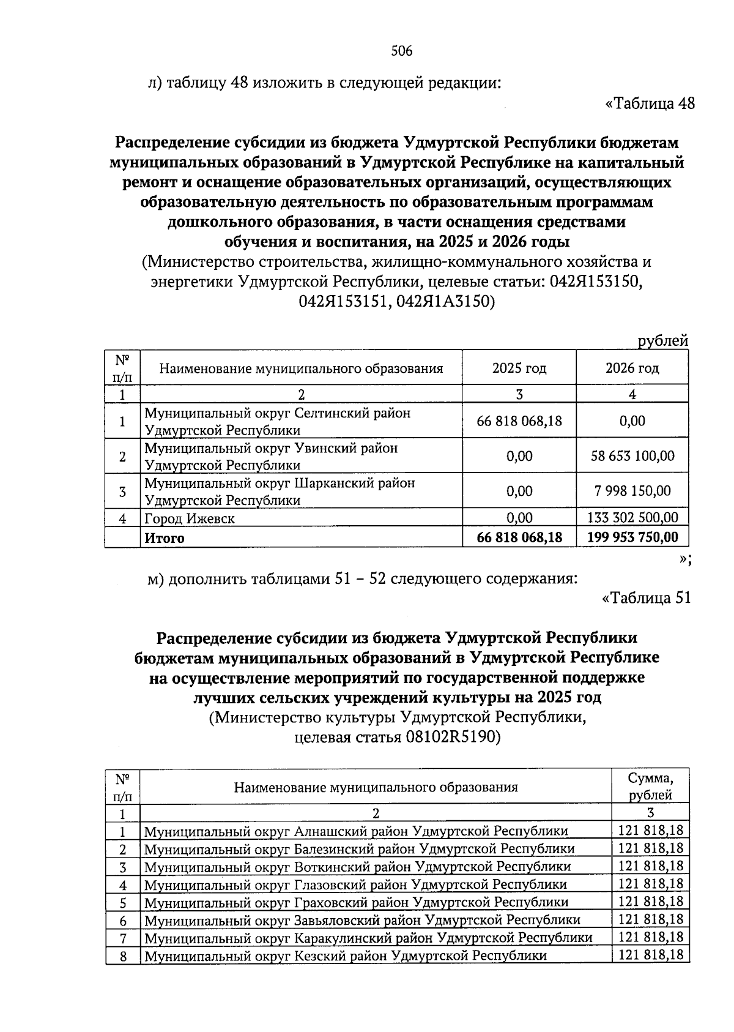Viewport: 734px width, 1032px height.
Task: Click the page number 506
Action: [x=402, y=51]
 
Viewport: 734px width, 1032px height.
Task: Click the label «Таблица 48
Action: [x=650, y=103]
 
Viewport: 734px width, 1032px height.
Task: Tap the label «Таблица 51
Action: [x=647, y=597]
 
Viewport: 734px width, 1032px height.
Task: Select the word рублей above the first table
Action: [x=663, y=341]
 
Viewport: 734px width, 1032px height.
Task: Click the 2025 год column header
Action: [x=519, y=368]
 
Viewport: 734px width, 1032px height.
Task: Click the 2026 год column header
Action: [x=632, y=368]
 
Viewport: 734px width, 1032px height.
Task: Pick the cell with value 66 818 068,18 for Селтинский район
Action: [x=519, y=421]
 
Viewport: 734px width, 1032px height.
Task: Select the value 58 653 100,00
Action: [x=632, y=456]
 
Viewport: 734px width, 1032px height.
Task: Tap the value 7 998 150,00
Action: [x=632, y=491]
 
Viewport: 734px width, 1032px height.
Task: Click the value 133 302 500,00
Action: [x=632, y=518]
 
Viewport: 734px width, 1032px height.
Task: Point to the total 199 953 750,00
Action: [x=632, y=537]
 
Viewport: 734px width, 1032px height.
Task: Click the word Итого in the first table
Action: [x=164, y=538]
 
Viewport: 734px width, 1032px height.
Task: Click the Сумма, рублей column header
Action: [x=650, y=787]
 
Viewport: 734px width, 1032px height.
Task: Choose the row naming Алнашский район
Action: [x=355, y=831]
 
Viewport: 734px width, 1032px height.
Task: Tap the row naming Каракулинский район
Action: [x=368, y=938]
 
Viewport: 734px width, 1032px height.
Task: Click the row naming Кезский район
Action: [x=345, y=955]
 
